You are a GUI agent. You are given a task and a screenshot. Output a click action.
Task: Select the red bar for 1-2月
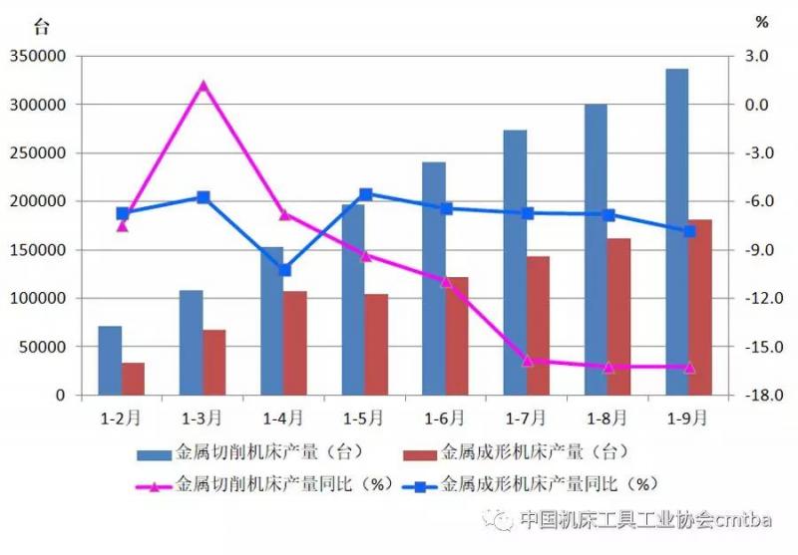pos(134,379)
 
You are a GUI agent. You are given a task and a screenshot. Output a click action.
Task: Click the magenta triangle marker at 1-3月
pos(203,86)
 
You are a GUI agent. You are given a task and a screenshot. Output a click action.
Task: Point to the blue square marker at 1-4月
pos(285,270)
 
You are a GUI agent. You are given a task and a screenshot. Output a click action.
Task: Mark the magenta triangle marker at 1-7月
pos(528,361)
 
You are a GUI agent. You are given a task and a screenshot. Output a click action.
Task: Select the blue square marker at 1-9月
pos(689,231)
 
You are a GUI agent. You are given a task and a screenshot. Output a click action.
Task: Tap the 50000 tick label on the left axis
pos(42,348)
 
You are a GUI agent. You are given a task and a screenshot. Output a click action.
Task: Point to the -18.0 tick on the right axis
pos(755,396)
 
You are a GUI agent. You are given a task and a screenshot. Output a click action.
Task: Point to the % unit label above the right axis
pos(762,22)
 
